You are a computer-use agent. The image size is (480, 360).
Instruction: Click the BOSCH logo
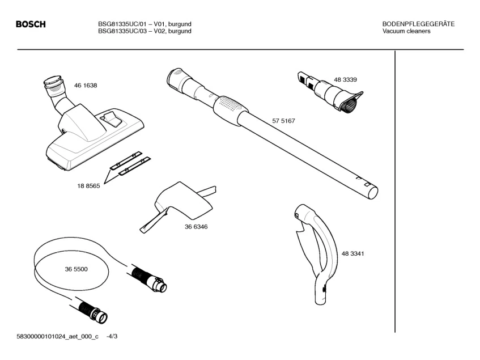click(31, 24)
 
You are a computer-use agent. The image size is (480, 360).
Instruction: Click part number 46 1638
click(86, 86)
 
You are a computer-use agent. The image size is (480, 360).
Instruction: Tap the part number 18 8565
click(88, 186)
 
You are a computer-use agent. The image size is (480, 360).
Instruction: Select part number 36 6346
click(196, 227)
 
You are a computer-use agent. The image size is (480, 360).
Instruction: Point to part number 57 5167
click(284, 121)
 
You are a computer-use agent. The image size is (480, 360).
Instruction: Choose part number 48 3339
click(345, 79)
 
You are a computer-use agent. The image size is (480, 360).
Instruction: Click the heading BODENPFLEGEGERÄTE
click(419, 24)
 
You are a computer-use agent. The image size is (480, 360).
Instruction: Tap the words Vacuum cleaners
click(406, 31)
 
